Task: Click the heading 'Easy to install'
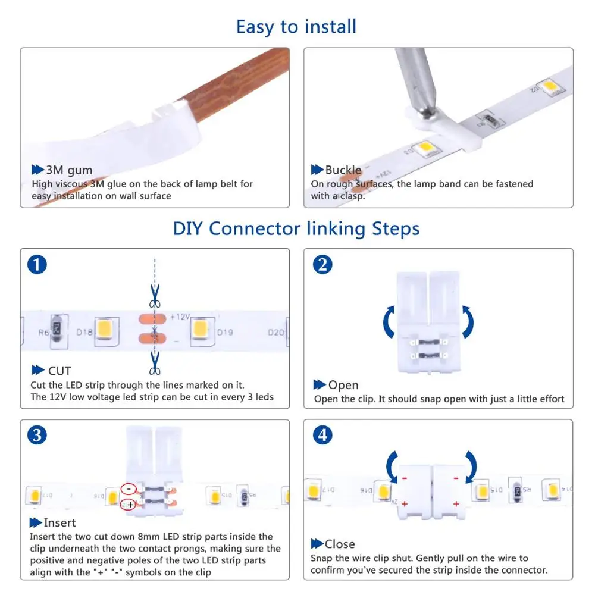296,27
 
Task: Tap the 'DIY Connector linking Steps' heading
296,229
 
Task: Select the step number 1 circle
37,265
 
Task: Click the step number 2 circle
322,265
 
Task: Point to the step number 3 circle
37,436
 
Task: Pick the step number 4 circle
322,436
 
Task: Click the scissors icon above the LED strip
155,296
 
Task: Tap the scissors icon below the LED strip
155,363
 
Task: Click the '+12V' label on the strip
180,317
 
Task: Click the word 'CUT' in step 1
59,371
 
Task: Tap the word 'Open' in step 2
343,385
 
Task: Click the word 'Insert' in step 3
59,522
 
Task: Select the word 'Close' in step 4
340,544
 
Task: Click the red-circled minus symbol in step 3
129,489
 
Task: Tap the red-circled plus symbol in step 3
129,505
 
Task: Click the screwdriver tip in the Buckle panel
428,112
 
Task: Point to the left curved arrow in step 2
390,322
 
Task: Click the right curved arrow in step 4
471,466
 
